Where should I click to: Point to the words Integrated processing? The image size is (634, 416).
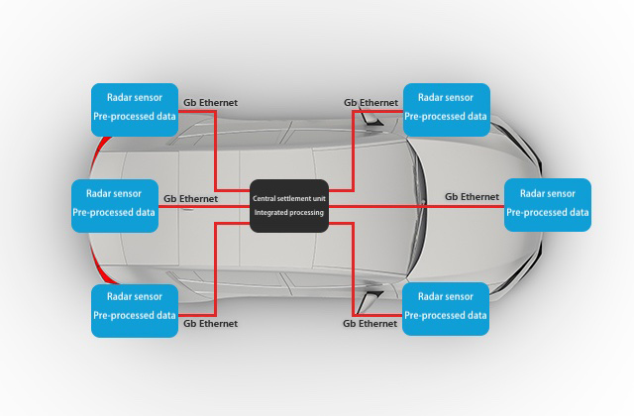click(288, 213)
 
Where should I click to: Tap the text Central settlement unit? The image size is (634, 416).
click(288, 198)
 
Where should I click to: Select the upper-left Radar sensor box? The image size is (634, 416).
click(134, 108)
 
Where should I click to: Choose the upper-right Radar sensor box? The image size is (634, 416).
click(446, 108)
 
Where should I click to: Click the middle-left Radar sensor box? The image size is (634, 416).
click(115, 204)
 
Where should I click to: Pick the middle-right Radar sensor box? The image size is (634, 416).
click(547, 204)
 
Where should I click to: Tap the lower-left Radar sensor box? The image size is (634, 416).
click(134, 308)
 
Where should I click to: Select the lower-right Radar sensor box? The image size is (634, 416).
click(446, 308)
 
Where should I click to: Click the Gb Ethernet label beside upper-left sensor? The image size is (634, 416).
click(211, 103)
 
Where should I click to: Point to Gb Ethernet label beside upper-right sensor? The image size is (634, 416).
click(370, 102)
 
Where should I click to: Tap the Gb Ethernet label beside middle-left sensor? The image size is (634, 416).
click(190, 198)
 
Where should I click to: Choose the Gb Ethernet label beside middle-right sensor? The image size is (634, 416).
click(472, 197)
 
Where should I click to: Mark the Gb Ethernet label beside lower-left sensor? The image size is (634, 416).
click(211, 323)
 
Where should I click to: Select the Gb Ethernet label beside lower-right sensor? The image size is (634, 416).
click(370, 323)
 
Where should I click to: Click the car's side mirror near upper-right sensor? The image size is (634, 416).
click(372, 121)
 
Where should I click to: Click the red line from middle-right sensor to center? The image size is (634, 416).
click(416, 207)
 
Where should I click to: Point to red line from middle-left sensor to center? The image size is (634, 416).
click(203, 207)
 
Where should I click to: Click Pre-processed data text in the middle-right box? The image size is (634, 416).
click(547, 213)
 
